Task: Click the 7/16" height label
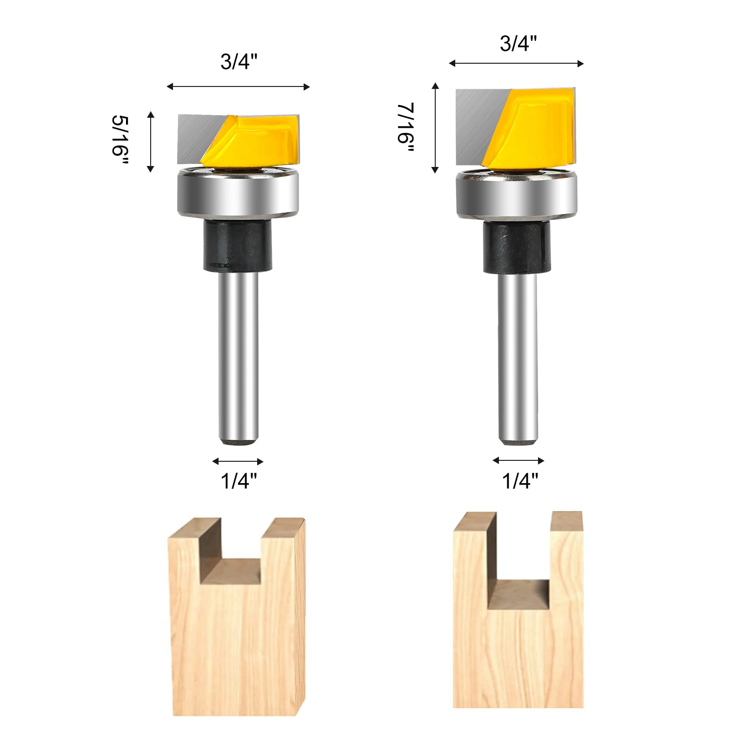[x=405, y=128]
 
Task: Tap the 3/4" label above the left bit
[x=239, y=61]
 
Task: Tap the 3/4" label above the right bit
[x=518, y=43]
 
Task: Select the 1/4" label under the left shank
[x=239, y=481]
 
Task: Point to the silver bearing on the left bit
[x=238, y=192]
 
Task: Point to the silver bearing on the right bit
[x=517, y=194]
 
